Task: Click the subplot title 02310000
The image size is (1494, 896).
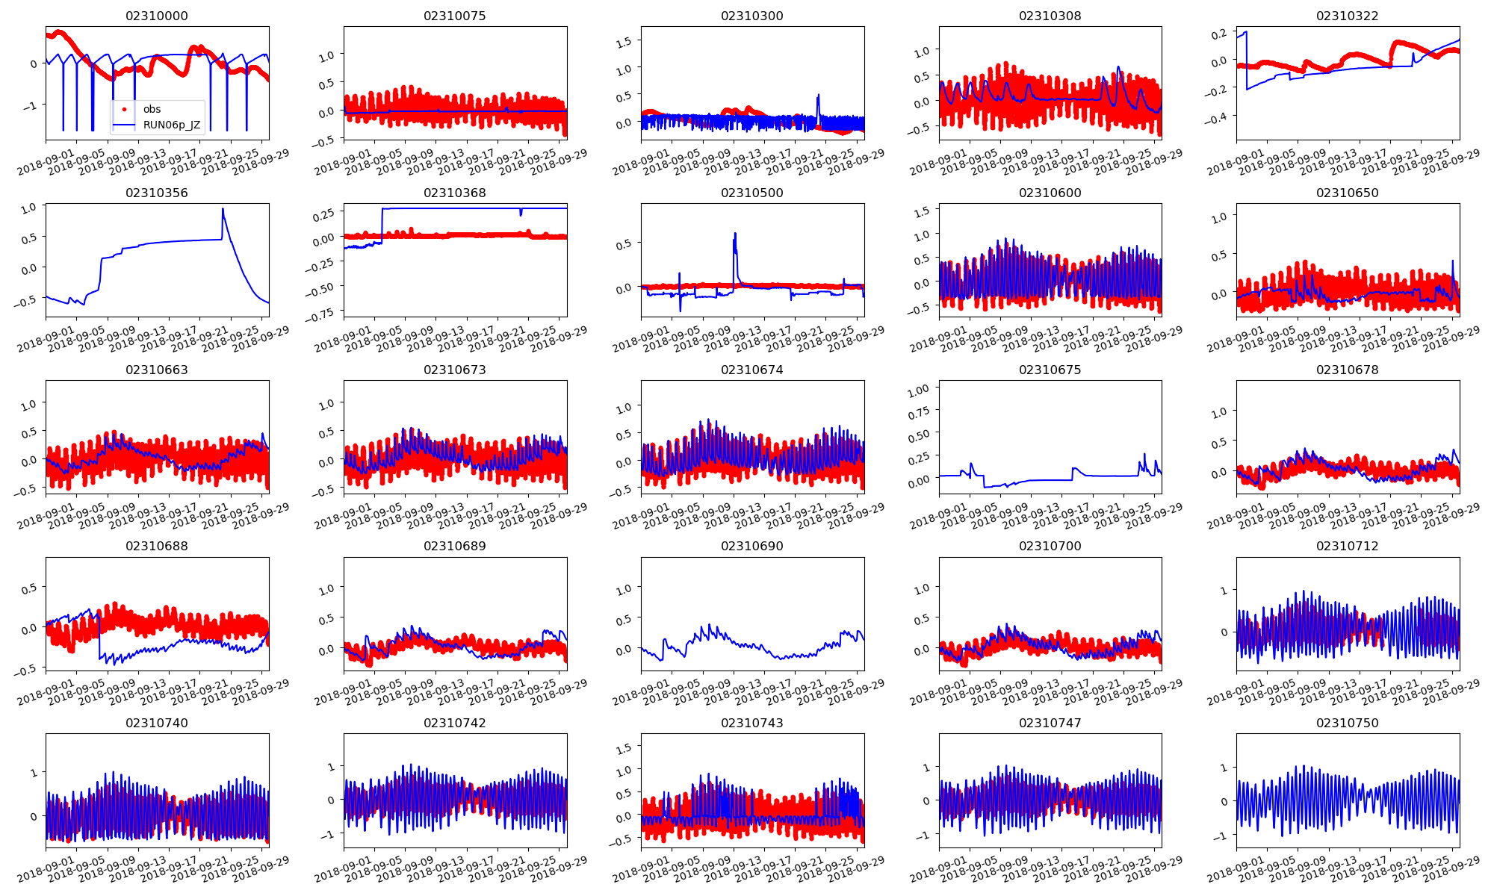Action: click(157, 16)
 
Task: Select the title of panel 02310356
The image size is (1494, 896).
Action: click(157, 193)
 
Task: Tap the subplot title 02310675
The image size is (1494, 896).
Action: click(1050, 370)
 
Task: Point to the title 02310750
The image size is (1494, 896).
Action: click(1348, 723)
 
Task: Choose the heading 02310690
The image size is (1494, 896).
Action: click(752, 546)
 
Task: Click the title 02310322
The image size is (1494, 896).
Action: click(1348, 16)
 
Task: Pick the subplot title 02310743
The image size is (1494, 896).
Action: click(752, 723)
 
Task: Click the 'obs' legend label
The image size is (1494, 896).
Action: click(152, 109)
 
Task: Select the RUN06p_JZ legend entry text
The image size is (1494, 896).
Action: click(172, 125)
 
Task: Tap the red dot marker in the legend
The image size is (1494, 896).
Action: click(124, 109)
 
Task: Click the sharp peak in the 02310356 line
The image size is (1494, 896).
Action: click(223, 209)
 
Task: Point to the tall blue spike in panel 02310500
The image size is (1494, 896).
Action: click(735, 234)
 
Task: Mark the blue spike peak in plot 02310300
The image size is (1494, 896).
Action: click(819, 95)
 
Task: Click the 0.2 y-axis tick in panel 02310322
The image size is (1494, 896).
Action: click(1218, 34)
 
